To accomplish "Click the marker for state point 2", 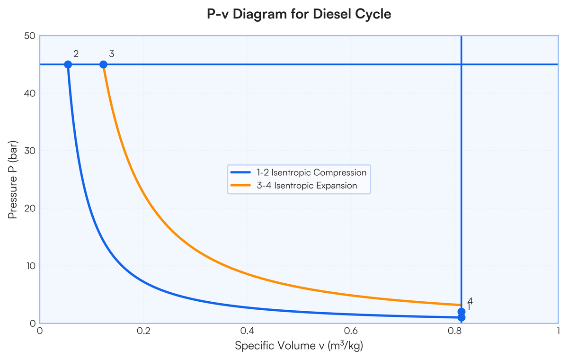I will pos(68,64).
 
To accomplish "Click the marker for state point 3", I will pos(103,64).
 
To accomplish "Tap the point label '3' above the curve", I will pos(111,54).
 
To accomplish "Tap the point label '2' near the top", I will pos(76,54).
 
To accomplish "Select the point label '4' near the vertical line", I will pos(470,301).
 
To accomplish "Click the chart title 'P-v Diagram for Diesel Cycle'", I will pos(299,14).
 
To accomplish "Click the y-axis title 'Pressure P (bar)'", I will pos(13,179).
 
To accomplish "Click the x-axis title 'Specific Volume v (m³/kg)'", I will pos(299,346).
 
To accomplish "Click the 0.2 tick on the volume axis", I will pos(143,330).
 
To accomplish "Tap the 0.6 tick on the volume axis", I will pos(351,330).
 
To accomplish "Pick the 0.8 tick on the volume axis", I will pos(454,330).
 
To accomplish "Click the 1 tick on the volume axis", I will pos(558,330).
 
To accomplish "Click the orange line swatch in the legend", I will pos(240,186).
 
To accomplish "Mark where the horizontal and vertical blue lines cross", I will pos(461,64).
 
